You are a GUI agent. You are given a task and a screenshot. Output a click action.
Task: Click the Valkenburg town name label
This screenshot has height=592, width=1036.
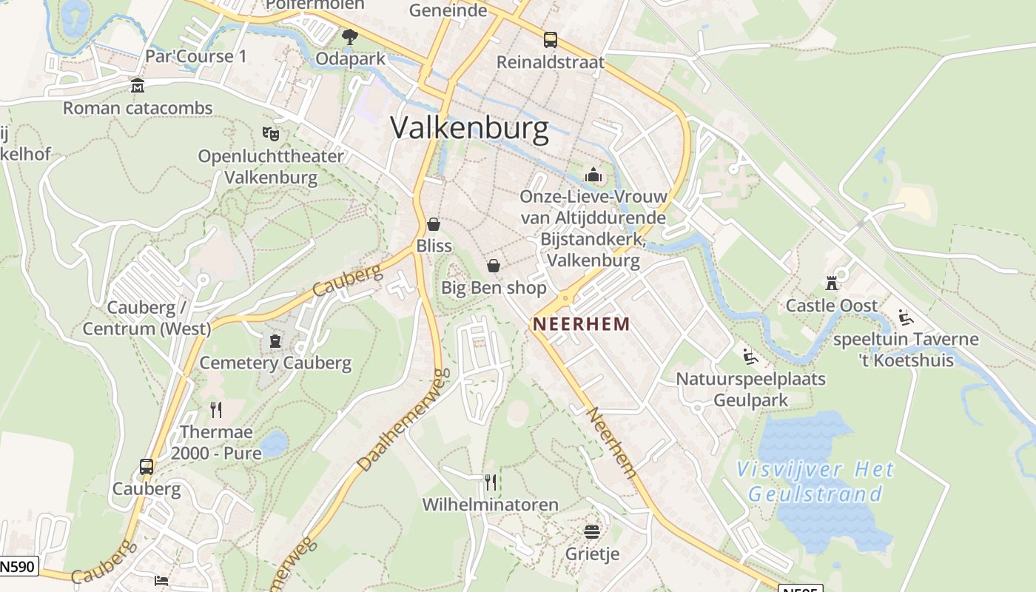pos(469,128)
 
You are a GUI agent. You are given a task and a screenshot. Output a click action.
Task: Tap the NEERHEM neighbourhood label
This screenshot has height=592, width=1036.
pos(582,324)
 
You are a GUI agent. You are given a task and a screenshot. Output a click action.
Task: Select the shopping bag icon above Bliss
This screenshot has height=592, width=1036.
pos(434,223)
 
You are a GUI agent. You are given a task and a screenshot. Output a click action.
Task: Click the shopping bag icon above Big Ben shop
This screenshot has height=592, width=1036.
pos(494,265)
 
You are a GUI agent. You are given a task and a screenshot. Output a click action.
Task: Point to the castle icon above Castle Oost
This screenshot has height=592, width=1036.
pos(832,283)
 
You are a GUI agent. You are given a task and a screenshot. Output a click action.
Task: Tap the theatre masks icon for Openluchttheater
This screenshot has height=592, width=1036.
pos(271,134)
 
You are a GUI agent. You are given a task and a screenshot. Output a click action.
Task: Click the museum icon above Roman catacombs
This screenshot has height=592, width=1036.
pos(138,86)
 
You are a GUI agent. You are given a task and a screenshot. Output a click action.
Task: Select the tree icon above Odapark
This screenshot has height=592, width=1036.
pos(349,36)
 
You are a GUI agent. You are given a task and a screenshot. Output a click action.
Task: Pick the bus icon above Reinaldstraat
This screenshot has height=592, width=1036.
pos(550,40)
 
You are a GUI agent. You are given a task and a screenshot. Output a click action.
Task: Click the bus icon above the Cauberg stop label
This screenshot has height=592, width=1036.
pos(147,467)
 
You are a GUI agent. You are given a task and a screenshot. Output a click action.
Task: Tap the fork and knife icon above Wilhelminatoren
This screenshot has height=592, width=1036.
pos(491,482)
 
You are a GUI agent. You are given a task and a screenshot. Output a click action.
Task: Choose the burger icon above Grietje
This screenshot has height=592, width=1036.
pos(591,531)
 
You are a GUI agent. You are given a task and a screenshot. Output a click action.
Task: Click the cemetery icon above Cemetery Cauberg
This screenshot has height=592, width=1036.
pos(275,341)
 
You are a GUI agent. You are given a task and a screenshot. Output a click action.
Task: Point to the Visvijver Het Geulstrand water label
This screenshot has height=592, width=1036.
pos(815,481)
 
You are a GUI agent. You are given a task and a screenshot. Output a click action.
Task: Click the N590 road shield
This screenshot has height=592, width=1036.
pos(18,567)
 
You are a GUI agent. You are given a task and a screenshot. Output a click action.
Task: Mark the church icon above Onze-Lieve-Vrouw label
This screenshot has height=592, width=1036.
pos(593,175)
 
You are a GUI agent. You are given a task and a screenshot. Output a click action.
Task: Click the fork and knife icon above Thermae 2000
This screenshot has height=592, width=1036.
pos(216,409)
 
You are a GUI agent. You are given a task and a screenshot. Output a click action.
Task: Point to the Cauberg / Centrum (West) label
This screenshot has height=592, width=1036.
pos(147,318)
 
